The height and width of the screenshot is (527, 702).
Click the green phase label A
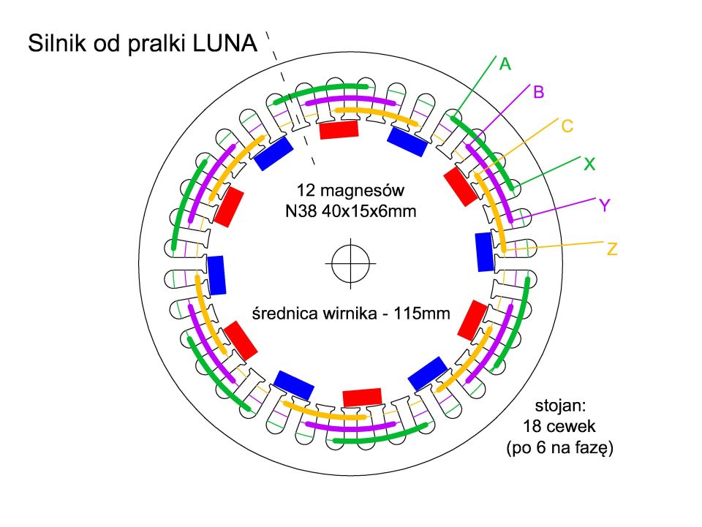point(505,64)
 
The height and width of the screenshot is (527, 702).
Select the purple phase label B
point(539,92)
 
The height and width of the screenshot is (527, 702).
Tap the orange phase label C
point(567,126)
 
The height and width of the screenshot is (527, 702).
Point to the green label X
point(589,164)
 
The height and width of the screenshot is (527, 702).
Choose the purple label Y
point(605,205)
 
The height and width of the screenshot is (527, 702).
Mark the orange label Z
point(613,250)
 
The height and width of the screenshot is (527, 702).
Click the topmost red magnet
point(340,130)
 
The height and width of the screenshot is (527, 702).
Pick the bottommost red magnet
point(363,397)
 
